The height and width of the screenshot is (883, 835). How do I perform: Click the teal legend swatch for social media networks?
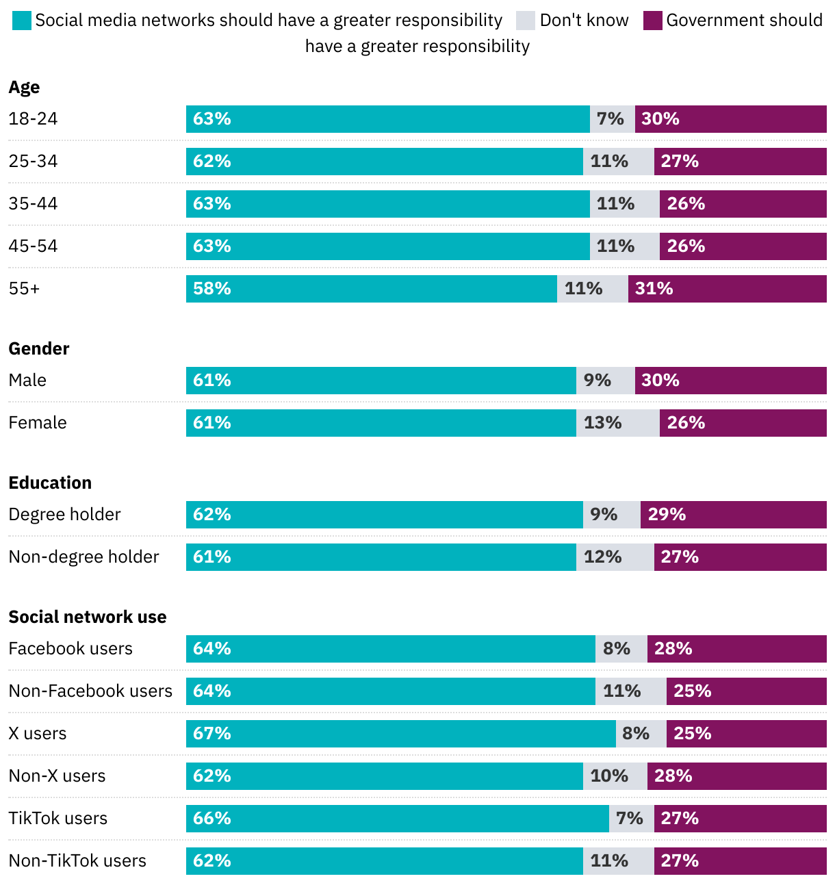22,21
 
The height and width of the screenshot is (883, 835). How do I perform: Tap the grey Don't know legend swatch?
526,21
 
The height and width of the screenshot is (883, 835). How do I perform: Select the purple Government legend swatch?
653,21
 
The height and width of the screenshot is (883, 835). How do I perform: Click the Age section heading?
24,88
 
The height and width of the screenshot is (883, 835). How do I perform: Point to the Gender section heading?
39,349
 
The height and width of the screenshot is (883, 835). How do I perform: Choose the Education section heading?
50,483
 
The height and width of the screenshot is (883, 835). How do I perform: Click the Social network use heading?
88,617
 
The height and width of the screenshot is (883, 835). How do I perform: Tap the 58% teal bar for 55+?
372,289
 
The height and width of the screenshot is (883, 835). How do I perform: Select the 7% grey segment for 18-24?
613,119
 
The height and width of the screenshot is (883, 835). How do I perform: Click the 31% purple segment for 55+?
728,289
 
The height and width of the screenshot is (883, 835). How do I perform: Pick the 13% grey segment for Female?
618,423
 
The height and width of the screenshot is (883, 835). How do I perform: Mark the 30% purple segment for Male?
731,381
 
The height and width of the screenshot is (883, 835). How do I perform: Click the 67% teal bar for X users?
401,734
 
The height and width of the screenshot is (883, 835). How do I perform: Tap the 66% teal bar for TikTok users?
398,819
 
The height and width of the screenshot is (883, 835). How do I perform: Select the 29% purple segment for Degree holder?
734,515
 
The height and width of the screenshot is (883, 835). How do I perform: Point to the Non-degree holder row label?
83,557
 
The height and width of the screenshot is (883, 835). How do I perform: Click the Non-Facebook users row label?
90,691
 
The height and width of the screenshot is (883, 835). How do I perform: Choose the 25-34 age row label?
33,162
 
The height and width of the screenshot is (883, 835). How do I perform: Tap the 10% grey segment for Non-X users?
615,776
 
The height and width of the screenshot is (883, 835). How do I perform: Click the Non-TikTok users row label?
77,861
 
